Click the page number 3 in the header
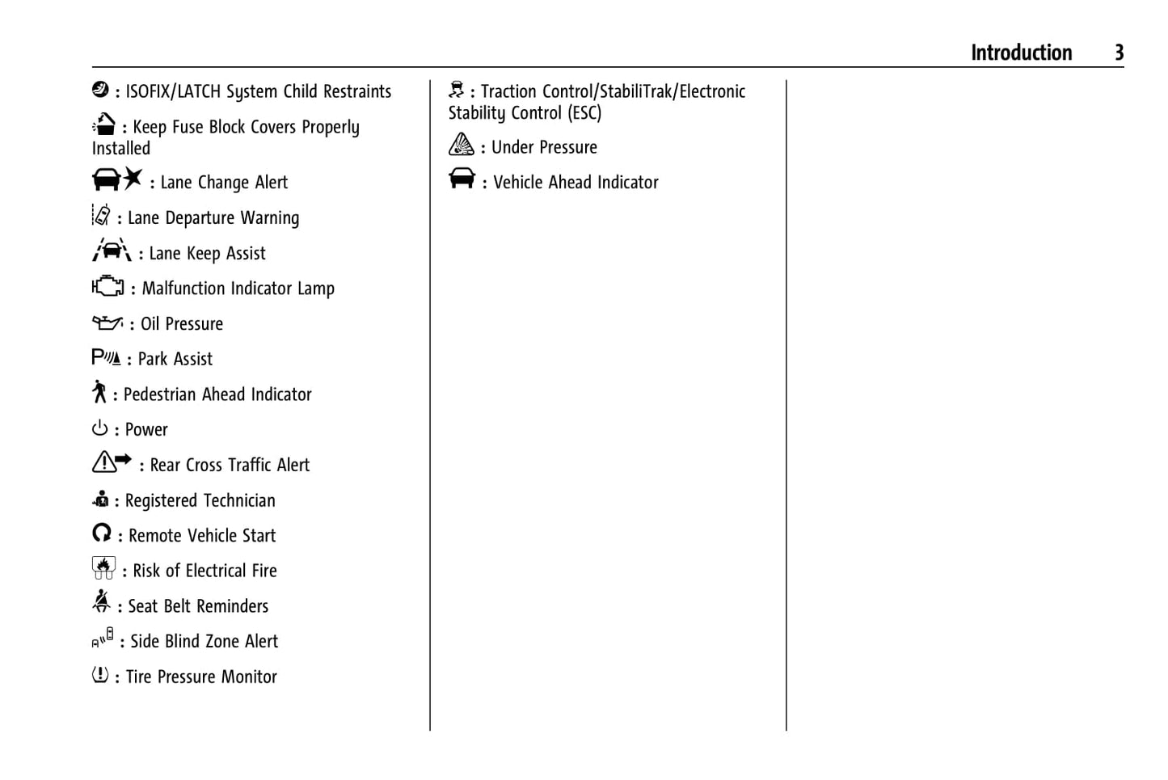pos(1119,53)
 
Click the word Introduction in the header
pos(1021,53)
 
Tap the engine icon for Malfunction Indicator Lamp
pos(108,285)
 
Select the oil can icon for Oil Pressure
pos(108,323)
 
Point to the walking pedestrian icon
pos(99,391)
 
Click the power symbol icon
pos(99,428)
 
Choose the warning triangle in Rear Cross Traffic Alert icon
pos(103,462)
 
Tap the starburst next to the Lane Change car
pos(133,179)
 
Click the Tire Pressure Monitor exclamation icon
pos(100,674)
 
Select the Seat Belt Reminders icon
pos(101,601)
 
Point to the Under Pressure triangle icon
pos(462,144)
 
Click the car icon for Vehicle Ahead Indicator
pos(462,178)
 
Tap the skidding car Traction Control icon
pos(456,89)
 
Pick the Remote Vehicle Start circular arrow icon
pos(102,533)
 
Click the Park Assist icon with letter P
pos(107,357)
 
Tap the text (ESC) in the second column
pos(584,113)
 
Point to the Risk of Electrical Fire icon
pos(103,567)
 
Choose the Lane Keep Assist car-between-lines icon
pos(112,250)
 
